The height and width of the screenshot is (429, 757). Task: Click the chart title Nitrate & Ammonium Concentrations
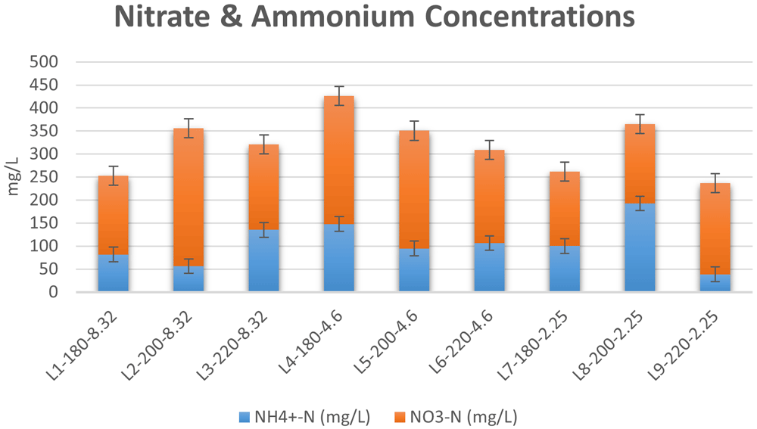[374, 17]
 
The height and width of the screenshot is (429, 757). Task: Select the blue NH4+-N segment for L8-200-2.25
[640, 247]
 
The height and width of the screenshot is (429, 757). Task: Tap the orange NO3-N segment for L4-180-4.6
[339, 160]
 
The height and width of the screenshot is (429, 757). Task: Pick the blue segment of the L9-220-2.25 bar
[715, 283]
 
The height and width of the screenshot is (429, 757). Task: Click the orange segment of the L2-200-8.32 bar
[188, 197]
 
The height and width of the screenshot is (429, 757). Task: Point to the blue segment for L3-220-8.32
[263, 260]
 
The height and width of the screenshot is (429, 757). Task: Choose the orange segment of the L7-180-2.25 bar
[565, 209]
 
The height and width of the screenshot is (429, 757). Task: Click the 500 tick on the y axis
[44, 62]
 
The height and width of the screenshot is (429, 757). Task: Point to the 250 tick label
[44, 176]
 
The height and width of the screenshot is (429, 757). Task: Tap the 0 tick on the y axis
[53, 292]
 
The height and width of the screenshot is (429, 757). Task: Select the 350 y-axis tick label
[44, 131]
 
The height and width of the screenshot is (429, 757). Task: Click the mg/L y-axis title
[13, 176]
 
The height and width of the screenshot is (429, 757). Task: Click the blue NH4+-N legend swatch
[245, 417]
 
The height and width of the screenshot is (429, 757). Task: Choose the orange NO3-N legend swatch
[400, 417]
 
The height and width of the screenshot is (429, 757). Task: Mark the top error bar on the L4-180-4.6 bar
[339, 96]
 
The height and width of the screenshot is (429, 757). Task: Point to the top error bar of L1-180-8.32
[114, 176]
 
